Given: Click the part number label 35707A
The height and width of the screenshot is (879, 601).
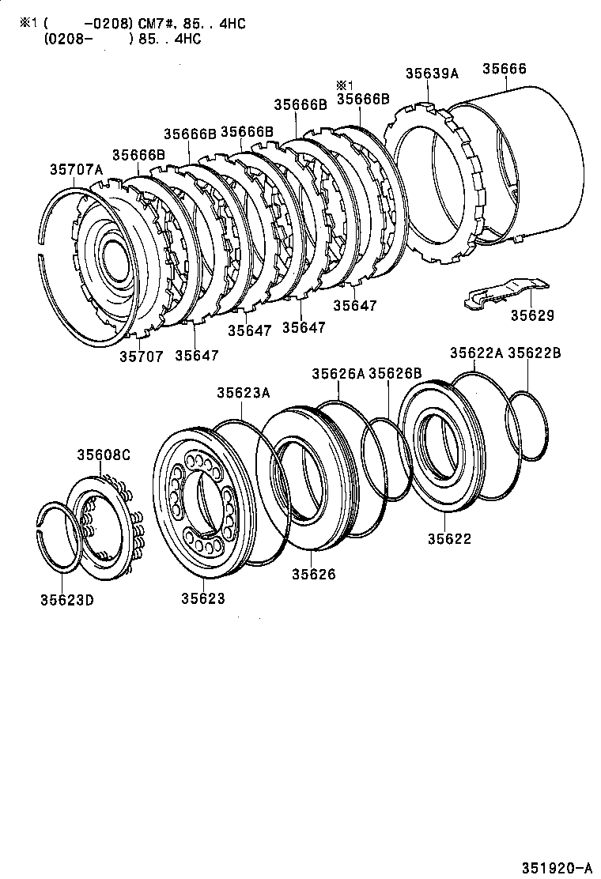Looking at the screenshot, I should click(x=77, y=169).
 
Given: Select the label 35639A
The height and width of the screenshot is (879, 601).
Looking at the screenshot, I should click(x=432, y=74).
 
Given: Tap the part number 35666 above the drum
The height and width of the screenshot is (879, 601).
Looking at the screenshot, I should click(x=504, y=70).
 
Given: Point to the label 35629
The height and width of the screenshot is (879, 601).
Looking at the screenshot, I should click(x=531, y=315).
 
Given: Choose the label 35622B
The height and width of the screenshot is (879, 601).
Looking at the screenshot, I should click(x=535, y=353).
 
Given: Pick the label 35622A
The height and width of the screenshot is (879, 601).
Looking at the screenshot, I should click(x=477, y=353).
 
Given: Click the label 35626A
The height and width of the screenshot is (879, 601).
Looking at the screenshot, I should click(x=338, y=373).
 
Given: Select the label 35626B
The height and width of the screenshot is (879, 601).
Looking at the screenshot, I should click(x=395, y=373).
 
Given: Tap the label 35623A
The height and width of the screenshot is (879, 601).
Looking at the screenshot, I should click(x=244, y=392).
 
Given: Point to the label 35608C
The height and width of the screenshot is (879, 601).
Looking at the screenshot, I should click(x=104, y=455).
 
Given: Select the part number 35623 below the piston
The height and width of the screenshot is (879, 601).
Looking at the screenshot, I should click(x=202, y=599).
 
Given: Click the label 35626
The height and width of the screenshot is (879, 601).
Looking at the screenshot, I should click(x=313, y=575).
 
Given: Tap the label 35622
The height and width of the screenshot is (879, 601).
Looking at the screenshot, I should click(x=449, y=539).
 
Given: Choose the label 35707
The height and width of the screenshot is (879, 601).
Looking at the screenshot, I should click(x=141, y=357).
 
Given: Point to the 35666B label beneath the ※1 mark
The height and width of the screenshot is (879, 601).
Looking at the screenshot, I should click(x=363, y=99).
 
